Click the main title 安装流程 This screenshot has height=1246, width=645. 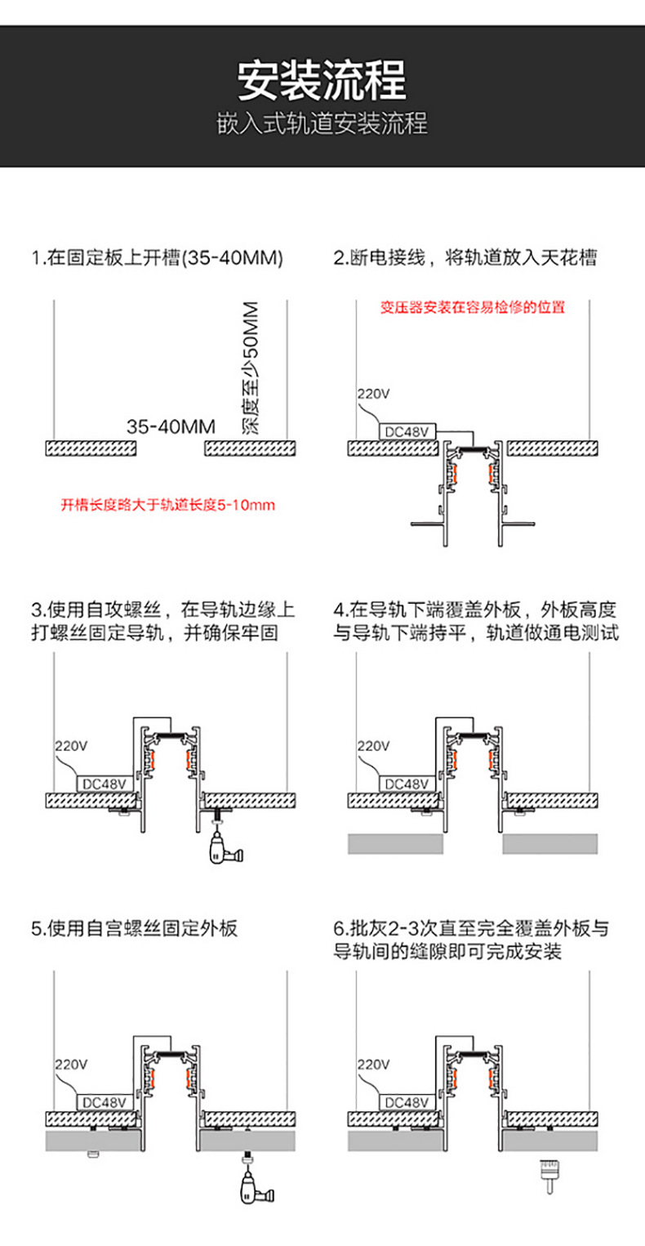[x=322, y=80]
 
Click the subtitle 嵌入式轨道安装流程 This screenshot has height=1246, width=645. [x=322, y=124]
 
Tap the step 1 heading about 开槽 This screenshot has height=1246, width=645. [x=158, y=259]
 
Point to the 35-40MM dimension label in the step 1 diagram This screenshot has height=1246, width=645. [x=171, y=426]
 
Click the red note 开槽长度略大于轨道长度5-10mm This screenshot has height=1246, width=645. [x=168, y=505]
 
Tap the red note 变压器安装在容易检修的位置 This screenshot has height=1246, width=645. [x=473, y=308]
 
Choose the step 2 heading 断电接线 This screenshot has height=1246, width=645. [x=465, y=259]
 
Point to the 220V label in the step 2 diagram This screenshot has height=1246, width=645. [x=374, y=394]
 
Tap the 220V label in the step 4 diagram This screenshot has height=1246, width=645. [x=374, y=746]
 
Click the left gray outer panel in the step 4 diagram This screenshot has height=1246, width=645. [x=395, y=844]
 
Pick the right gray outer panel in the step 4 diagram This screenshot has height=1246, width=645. [x=549, y=844]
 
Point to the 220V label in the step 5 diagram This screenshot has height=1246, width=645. [x=71, y=1065]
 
